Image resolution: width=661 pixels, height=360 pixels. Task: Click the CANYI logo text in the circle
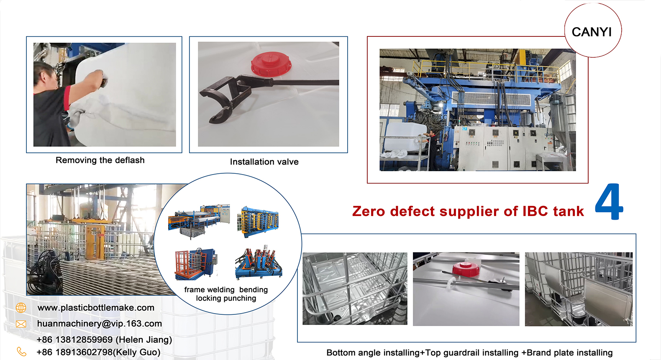coord(592,32)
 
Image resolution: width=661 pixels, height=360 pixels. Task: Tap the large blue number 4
coord(609,202)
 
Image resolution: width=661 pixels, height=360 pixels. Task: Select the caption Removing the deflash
coord(100,160)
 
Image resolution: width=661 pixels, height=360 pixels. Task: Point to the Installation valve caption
coord(264,162)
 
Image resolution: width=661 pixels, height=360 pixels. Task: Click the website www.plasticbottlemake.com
coord(96,308)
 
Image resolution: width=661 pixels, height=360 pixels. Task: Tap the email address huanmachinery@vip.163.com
coord(100,324)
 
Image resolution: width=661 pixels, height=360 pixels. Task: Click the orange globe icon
coord(21,308)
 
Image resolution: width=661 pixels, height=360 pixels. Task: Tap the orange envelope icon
coord(21,324)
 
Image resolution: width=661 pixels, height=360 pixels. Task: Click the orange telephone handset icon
coord(21,352)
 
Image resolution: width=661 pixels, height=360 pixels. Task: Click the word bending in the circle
coord(254,290)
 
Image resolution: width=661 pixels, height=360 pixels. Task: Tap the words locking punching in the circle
coord(226,298)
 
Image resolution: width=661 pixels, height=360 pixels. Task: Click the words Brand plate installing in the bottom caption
coord(569,352)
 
